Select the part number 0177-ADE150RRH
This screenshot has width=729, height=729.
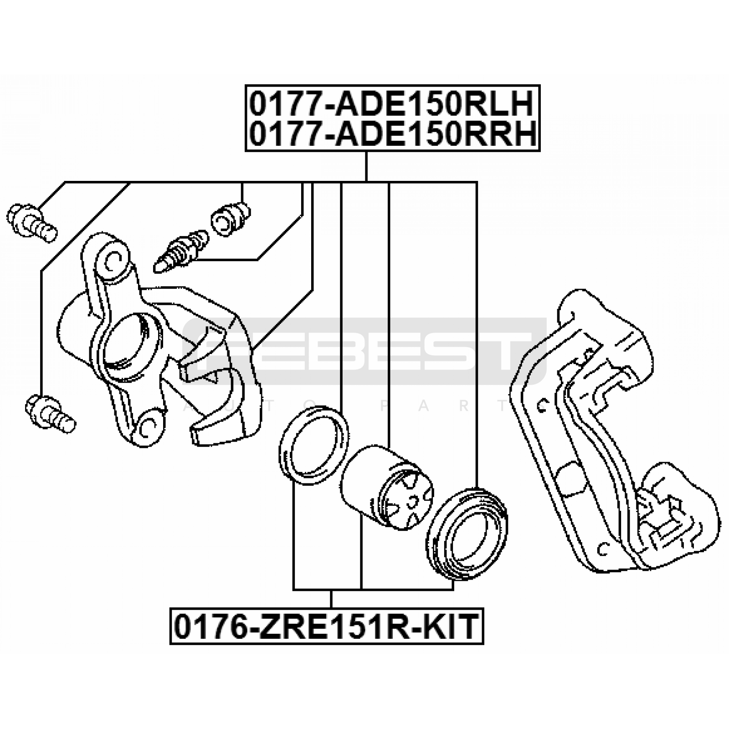pos(392,134)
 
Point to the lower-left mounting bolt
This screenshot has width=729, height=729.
pos(51,414)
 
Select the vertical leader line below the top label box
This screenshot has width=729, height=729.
pos(366,167)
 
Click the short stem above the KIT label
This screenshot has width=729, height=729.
pos(331,598)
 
